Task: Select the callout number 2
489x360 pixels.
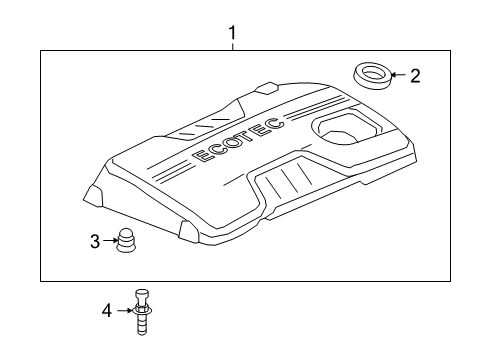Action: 416,74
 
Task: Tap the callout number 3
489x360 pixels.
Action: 95,241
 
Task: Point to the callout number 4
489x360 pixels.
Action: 106,312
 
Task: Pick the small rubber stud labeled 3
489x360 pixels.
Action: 128,242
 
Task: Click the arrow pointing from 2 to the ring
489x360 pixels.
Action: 396,74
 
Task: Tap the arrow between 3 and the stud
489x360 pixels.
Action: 109,241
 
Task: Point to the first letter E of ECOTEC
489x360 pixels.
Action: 201,158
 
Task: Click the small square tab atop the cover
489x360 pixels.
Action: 267,88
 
